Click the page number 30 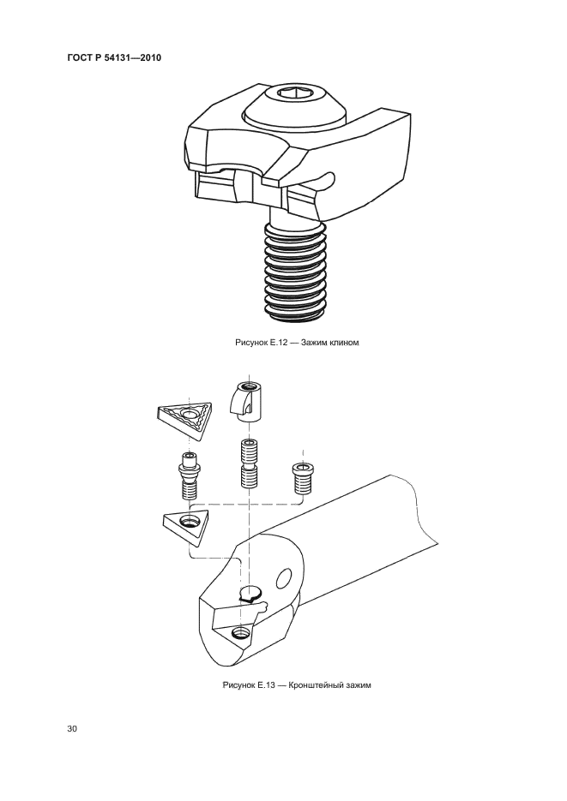click(x=72, y=728)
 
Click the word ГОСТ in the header click(x=79, y=57)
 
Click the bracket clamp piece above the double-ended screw click(x=245, y=402)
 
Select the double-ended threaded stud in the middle click(x=249, y=463)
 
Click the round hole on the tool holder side click(x=283, y=578)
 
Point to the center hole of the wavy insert click(x=190, y=415)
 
